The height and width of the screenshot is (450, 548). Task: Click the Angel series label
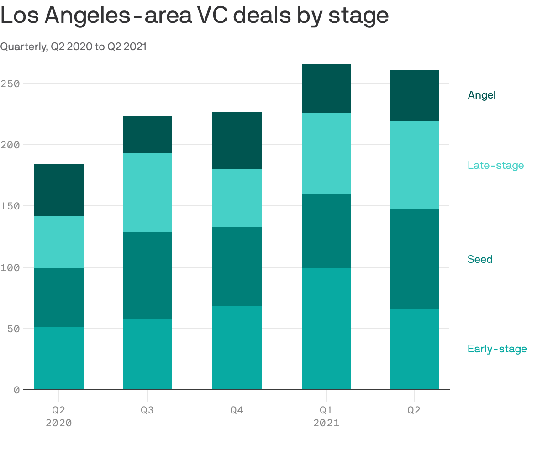(481, 95)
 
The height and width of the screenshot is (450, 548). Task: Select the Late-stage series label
(495, 165)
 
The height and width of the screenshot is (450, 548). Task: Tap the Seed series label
(480, 259)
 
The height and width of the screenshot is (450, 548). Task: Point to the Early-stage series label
(497, 349)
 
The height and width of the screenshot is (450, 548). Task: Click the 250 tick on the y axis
(10, 84)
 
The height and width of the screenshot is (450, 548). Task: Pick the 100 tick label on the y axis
(10, 267)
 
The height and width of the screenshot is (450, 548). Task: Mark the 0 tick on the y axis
(16, 390)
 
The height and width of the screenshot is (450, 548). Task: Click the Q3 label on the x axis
(147, 410)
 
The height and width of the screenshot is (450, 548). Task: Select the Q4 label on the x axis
(237, 410)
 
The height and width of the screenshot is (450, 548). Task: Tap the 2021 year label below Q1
(326, 423)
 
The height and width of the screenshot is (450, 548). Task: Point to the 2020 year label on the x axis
(59, 423)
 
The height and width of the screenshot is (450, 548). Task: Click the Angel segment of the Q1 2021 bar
(326, 88)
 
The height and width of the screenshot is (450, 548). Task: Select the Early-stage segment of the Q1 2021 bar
(326, 329)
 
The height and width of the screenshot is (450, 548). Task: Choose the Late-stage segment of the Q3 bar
(147, 192)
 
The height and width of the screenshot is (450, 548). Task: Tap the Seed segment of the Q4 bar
(237, 266)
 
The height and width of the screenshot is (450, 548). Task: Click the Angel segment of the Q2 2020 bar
(59, 190)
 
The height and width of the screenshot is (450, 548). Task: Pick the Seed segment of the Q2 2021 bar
(414, 259)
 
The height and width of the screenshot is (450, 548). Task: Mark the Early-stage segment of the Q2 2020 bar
(59, 358)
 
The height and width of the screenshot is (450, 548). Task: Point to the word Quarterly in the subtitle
(22, 47)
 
